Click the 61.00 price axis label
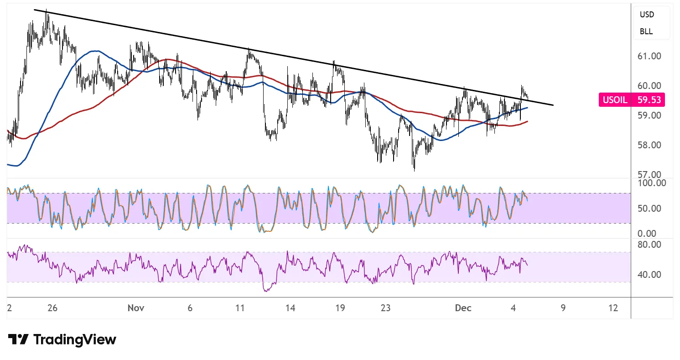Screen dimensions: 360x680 click(x=650, y=56)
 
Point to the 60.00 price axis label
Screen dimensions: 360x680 click(x=650, y=86)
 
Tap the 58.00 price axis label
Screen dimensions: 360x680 click(x=650, y=145)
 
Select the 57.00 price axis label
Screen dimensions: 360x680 click(x=650, y=175)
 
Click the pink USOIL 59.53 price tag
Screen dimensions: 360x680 click(x=632, y=99)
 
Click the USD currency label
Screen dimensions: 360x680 click(x=647, y=15)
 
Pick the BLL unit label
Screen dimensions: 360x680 click(x=646, y=31)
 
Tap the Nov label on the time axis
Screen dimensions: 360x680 click(x=136, y=308)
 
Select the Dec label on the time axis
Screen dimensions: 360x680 click(x=463, y=308)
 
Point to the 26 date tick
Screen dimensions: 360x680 click(x=52, y=308)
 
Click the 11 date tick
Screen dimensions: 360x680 click(x=240, y=308)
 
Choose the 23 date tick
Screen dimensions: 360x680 click(x=386, y=308)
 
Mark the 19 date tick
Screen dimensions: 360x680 click(x=340, y=308)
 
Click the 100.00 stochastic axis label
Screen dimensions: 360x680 click(x=652, y=183)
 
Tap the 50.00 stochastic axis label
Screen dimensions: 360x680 click(x=650, y=209)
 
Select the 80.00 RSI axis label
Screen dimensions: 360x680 click(x=650, y=245)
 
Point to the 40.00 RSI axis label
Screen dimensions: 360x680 click(x=650, y=275)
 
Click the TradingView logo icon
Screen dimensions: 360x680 click(x=18, y=339)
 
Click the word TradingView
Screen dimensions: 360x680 click(x=75, y=339)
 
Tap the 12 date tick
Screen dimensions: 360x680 click(x=613, y=308)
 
